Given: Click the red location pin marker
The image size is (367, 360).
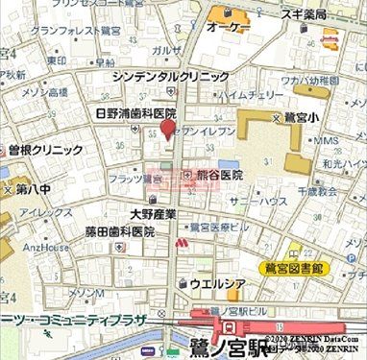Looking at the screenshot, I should (167, 130).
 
